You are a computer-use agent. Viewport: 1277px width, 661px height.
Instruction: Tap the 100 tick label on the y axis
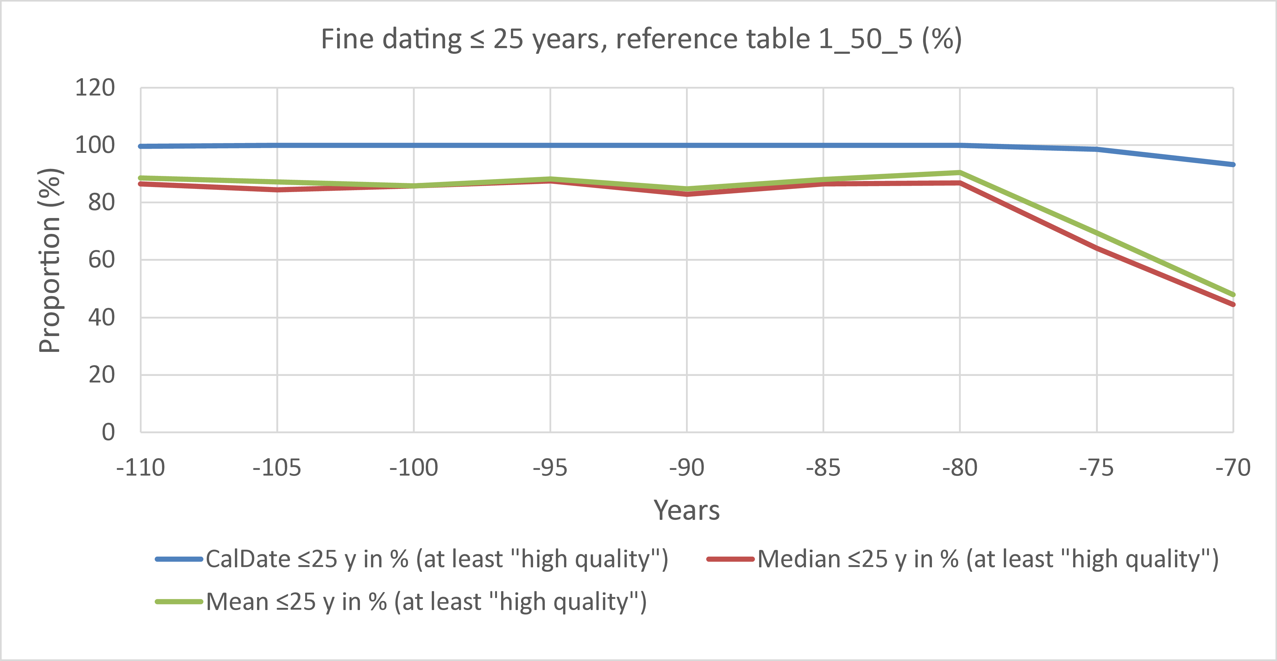(95, 145)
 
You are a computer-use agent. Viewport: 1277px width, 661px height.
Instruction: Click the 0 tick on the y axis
(108, 432)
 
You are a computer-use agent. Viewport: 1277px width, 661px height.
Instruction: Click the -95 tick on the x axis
(550, 468)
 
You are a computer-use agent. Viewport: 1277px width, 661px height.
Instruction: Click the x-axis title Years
(687, 510)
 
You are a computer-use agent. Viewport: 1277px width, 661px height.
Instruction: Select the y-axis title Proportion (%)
(50, 260)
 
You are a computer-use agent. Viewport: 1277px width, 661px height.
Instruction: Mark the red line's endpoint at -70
(1232, 304)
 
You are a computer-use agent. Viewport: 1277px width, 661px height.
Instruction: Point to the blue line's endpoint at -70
(1232, 164)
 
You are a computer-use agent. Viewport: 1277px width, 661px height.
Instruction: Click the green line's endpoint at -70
(1232, 294)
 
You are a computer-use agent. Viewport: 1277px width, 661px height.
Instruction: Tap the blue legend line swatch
(179, 559)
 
